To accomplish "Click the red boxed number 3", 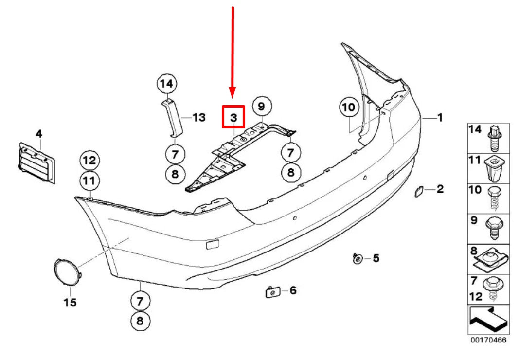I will point(233,117).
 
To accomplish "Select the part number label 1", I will point(439,117).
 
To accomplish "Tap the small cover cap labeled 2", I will point(418,191).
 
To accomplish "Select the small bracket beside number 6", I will point(270,291).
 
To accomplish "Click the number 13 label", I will point(199,117).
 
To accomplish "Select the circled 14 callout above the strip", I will point(167,84).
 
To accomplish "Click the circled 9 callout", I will point(262,106).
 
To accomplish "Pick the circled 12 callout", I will point(89,160).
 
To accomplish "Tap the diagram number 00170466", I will point(488,340).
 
